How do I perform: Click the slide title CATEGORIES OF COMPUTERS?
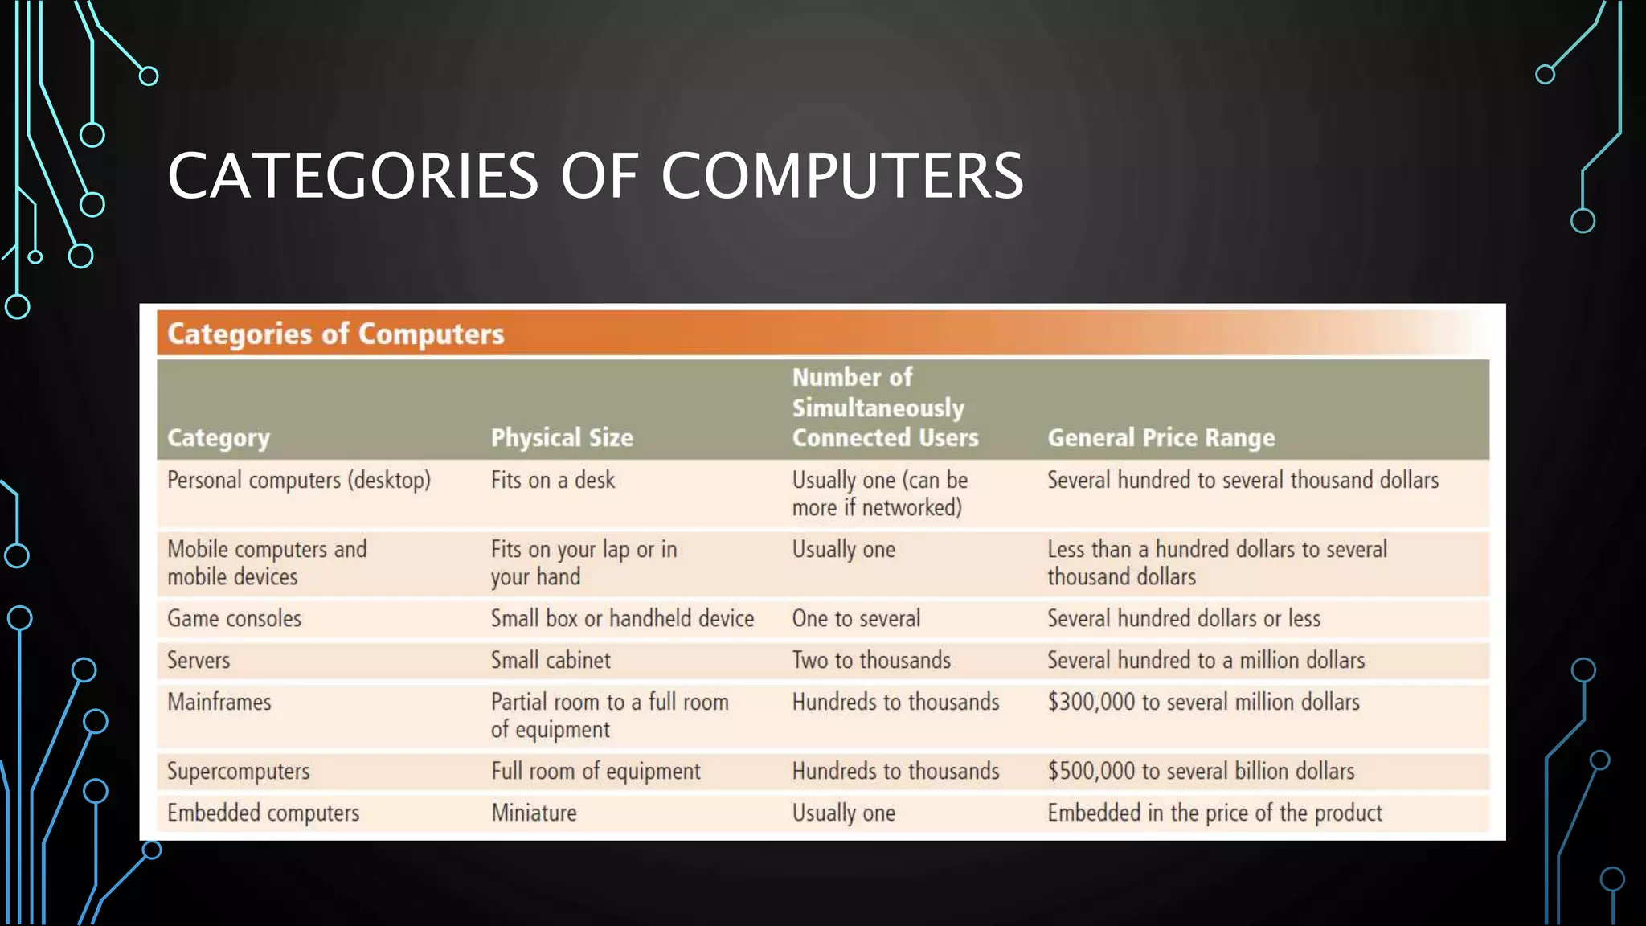pyautogui.click(x=595, y=175)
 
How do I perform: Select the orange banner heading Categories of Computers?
pyautogui.click(x=335, y=334)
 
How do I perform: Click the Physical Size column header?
pyautogui.click(x=562, y=437)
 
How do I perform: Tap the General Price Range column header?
pyautogui.click(x=1161, y=437)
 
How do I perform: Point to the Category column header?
pyautogui.click(x=219, y=437)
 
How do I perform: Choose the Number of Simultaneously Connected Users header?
pyautogui.click(x=885, y=408)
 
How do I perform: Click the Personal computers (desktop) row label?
pyautogui.click(x=299, y=480)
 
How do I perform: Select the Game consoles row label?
pyautogui.click(x=234, y=618)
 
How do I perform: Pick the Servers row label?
pyautogui.click(x=199, y=660)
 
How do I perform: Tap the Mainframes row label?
pyautogui.click(x=219, y=702)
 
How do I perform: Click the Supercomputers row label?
pyautogui.click(x=238, y=771)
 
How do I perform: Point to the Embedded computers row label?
pyautogui.click(x=263, y=813)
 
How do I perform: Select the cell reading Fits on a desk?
pyautogui.click(x=553, y=480)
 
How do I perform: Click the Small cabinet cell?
pyautogui.click(x=551, y=660)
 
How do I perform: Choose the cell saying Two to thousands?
pyautogui.click(x=871, y=660)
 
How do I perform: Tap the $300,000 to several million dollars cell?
pyautogui.click(x=1203, y=702)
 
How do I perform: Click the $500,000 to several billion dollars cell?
pyautogui.click(x=1201, y=771)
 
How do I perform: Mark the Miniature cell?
pyautogui.click(x=534, y=813)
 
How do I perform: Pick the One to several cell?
pyautogui.click(x=856, y=618)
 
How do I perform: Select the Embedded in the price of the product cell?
pyautogui.click(x=1214, y=813)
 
